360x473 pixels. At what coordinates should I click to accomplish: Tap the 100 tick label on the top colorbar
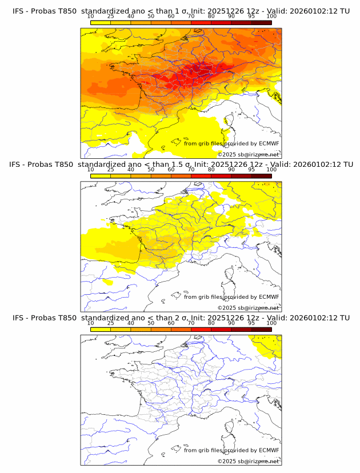click(271, 17)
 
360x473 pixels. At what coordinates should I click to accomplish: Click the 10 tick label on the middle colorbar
click(91, 170)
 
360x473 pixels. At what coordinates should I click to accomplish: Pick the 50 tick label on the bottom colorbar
click(151, 323)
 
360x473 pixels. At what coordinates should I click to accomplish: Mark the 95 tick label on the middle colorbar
click(251, 170)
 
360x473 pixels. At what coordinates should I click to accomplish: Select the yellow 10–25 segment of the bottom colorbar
click(101, 329)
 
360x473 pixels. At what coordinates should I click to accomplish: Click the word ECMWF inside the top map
click(269, 143)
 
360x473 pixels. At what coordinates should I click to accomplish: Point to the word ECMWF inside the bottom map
click(269, 450)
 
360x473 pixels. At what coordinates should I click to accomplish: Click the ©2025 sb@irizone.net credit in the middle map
click(249, 308)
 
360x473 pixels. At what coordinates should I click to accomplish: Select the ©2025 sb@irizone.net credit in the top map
click(249, 155)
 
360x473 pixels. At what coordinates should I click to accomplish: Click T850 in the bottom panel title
click(66, 318)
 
